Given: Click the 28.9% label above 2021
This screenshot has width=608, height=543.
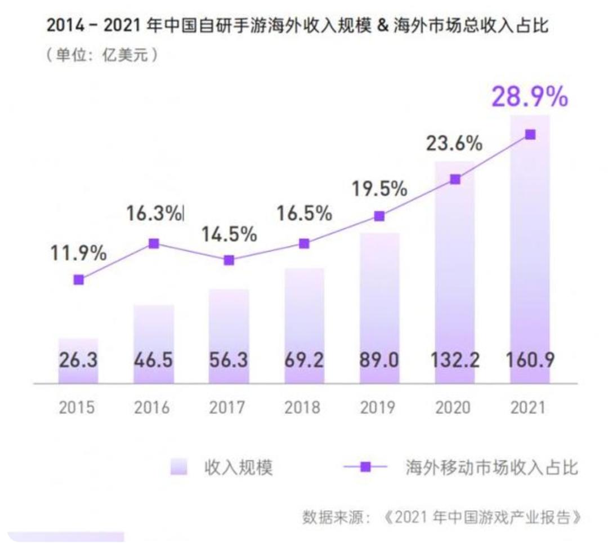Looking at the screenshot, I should click(530, 97).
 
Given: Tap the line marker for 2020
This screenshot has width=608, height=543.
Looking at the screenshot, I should click(455, 179).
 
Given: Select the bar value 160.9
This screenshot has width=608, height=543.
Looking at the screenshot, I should click(530, 359).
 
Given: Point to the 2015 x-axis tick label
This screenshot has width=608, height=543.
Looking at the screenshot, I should click(78, 407).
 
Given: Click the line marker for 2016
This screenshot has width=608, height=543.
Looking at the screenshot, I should click(154, 243).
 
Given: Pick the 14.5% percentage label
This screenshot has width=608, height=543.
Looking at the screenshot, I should click(229, 234).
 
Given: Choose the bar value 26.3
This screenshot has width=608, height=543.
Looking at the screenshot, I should click(78, 359).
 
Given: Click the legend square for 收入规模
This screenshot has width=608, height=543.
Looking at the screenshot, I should click(178, 467).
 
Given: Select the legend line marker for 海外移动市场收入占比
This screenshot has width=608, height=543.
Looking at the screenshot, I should click(365, 467).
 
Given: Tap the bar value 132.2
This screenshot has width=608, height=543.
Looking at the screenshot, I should click(455, 359).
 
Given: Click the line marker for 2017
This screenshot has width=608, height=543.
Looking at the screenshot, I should click(229, 260).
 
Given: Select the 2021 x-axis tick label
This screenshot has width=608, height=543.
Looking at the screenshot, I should click(530, 407).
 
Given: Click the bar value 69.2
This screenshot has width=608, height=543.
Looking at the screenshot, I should click(304, 359).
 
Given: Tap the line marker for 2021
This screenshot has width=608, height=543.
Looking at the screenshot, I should click(530, 135).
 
